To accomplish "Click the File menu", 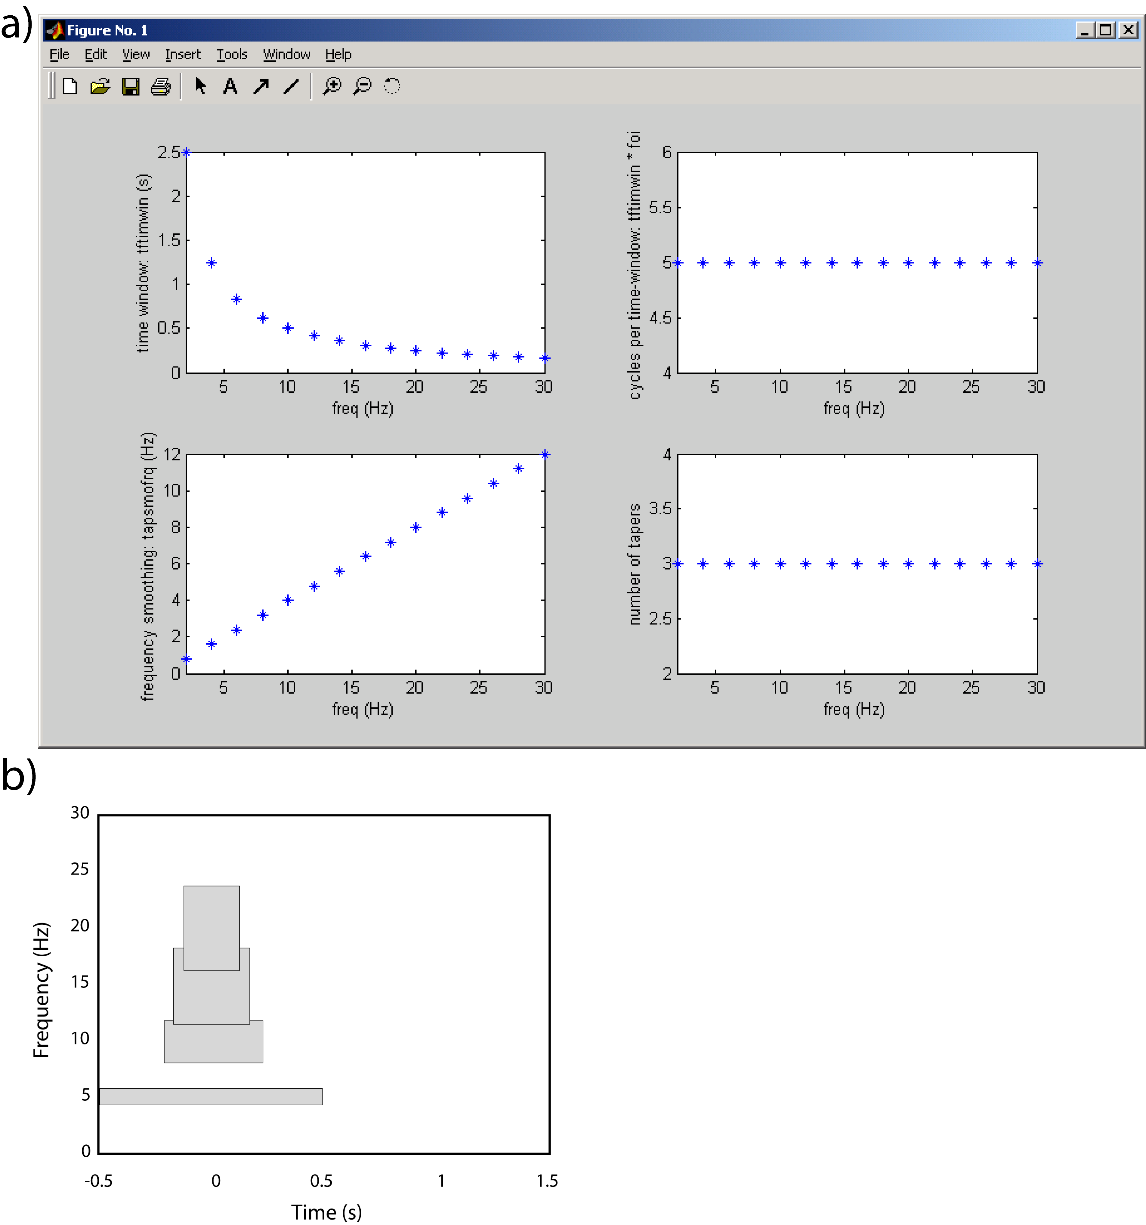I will pos(59,54).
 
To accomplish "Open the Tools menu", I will pos(232,54).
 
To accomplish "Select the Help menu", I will pos(338,54).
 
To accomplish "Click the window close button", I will pos(1128,29).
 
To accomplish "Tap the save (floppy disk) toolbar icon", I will pos(130,86).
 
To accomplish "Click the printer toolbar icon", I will pos(160,86).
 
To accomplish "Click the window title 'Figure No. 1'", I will pos(107,30).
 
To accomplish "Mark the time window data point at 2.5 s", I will pos(186,152).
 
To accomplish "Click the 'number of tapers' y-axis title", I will pos(634,564).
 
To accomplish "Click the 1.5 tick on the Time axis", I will pos(546,1181).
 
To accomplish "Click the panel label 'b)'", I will pos(19,775).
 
